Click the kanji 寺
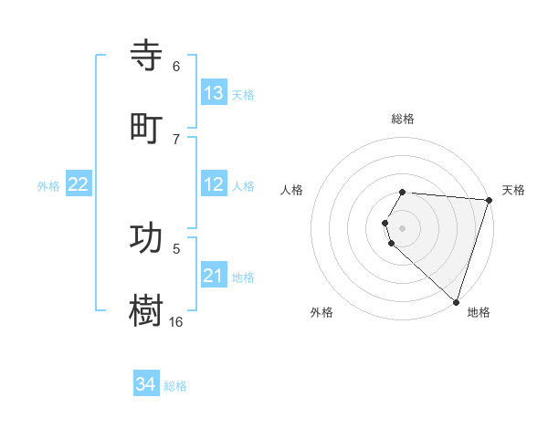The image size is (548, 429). click(148, 57)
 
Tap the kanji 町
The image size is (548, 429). click(148, 128)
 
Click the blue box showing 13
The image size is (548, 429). click(214, 93)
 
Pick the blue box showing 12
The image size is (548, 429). click(214, 184)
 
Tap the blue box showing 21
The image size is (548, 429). click(214, 276)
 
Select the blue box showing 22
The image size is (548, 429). click(78, 184)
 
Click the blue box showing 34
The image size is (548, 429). click(145, 384)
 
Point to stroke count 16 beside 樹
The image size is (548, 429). click(175, 321)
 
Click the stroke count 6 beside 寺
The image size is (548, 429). click(176, 67)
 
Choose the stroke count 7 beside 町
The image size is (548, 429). click(176, 139)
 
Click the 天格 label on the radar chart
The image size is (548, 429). click(513, 190)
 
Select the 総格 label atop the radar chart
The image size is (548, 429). click(403, 119)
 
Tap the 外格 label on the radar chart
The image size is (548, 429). click(321, 313)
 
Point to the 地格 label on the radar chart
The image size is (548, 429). click(479, 313)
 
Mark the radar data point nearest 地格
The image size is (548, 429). click(456, 301)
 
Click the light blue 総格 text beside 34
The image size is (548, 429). click(175, 386)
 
